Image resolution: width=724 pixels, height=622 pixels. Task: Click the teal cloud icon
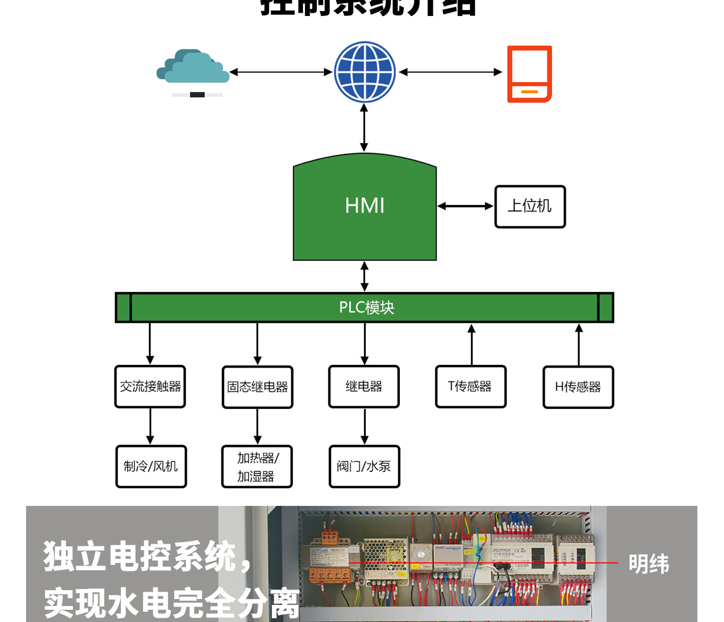[193, 68]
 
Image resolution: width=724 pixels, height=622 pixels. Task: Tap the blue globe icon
[365, 72]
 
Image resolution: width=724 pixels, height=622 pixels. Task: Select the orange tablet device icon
[529, 74]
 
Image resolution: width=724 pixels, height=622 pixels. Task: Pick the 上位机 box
[530, 207]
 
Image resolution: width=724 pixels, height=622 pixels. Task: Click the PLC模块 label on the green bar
[366, 307]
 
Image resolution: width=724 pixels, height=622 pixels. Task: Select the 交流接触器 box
[150, 387]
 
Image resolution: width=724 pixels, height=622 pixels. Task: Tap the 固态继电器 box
[258, 387]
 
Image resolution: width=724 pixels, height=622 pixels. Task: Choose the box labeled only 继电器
[364, 387]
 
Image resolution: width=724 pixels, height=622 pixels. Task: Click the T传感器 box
[471, 387]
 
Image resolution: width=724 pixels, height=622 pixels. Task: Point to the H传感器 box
[578, 387]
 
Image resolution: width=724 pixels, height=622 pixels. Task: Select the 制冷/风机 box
[151, 466]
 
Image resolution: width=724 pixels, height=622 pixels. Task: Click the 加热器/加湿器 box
[257, 466]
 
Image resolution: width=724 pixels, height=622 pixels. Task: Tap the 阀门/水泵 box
[364, 466]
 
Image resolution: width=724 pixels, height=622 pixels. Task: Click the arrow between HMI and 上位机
[465, 206]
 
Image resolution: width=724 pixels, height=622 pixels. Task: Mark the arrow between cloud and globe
[281, 72]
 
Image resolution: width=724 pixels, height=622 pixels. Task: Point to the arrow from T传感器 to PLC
[472, 344]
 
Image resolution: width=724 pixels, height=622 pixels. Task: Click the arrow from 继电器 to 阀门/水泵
[365, 426]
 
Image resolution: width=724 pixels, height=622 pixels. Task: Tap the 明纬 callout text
[648, 564]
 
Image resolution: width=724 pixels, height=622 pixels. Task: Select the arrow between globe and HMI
[364, 128]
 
